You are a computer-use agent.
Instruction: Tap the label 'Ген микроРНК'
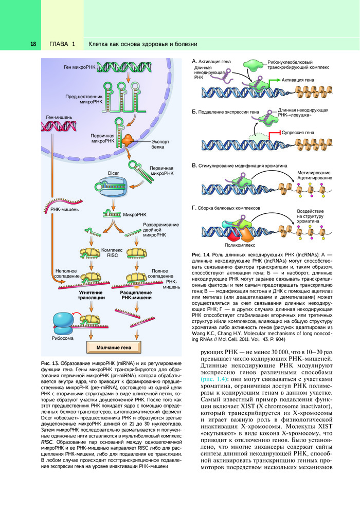[x=79, y=67]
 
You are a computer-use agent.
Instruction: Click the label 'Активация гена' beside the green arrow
[x=298, y=80]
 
